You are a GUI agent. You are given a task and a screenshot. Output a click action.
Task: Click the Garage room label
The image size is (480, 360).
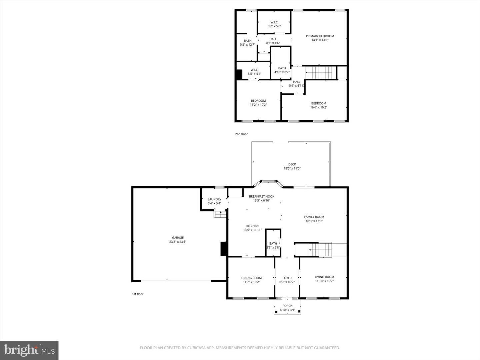coord(178,238)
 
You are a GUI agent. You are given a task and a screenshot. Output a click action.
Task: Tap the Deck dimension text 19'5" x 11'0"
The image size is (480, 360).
coord(292,169)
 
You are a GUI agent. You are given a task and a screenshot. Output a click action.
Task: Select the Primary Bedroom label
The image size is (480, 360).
coord(320,36)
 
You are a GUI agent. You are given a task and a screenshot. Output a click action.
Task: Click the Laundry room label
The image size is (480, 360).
coord(214,199)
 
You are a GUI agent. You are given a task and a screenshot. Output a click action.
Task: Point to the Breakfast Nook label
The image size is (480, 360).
coord(262,196)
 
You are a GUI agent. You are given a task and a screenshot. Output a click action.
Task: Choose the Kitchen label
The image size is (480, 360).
coord(252,226)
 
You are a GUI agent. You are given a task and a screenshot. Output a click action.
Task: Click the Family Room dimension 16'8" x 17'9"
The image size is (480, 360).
coord(314,221)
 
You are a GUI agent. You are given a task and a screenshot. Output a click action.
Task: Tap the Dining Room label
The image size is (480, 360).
coord(251,278)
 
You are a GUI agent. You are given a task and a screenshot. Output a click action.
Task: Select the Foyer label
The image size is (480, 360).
coord(287,278)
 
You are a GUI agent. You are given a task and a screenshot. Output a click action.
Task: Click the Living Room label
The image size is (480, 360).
coord(324,277)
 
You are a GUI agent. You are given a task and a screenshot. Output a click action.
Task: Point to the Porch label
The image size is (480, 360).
coord(287,306)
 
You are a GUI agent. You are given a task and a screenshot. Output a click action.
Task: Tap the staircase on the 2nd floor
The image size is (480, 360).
coord(320,72)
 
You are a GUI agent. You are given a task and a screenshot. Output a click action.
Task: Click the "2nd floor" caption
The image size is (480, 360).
coord(241,134)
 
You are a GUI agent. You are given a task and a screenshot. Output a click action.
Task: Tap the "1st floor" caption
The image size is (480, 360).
coord(138,294)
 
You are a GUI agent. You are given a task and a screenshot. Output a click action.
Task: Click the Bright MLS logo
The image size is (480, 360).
coord(29,350)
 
